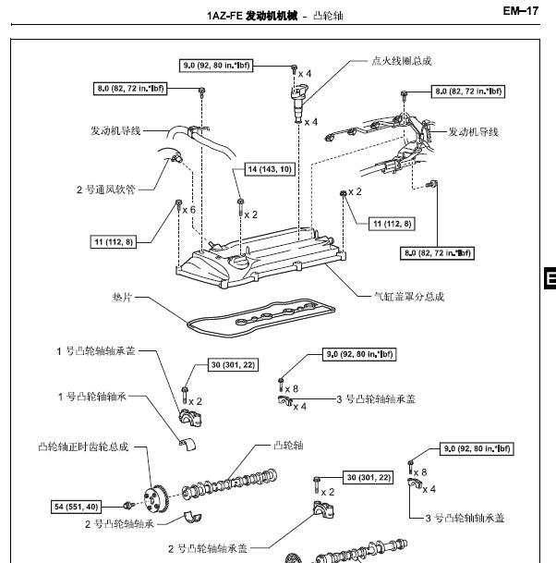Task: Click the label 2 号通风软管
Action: [x=105, y=190]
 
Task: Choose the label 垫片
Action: [x=123, y=298]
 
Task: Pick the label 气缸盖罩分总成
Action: [x=408, y=297]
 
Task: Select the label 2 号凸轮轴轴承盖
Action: [x=208, y=548]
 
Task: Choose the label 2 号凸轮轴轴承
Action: [x=119, y=524]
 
